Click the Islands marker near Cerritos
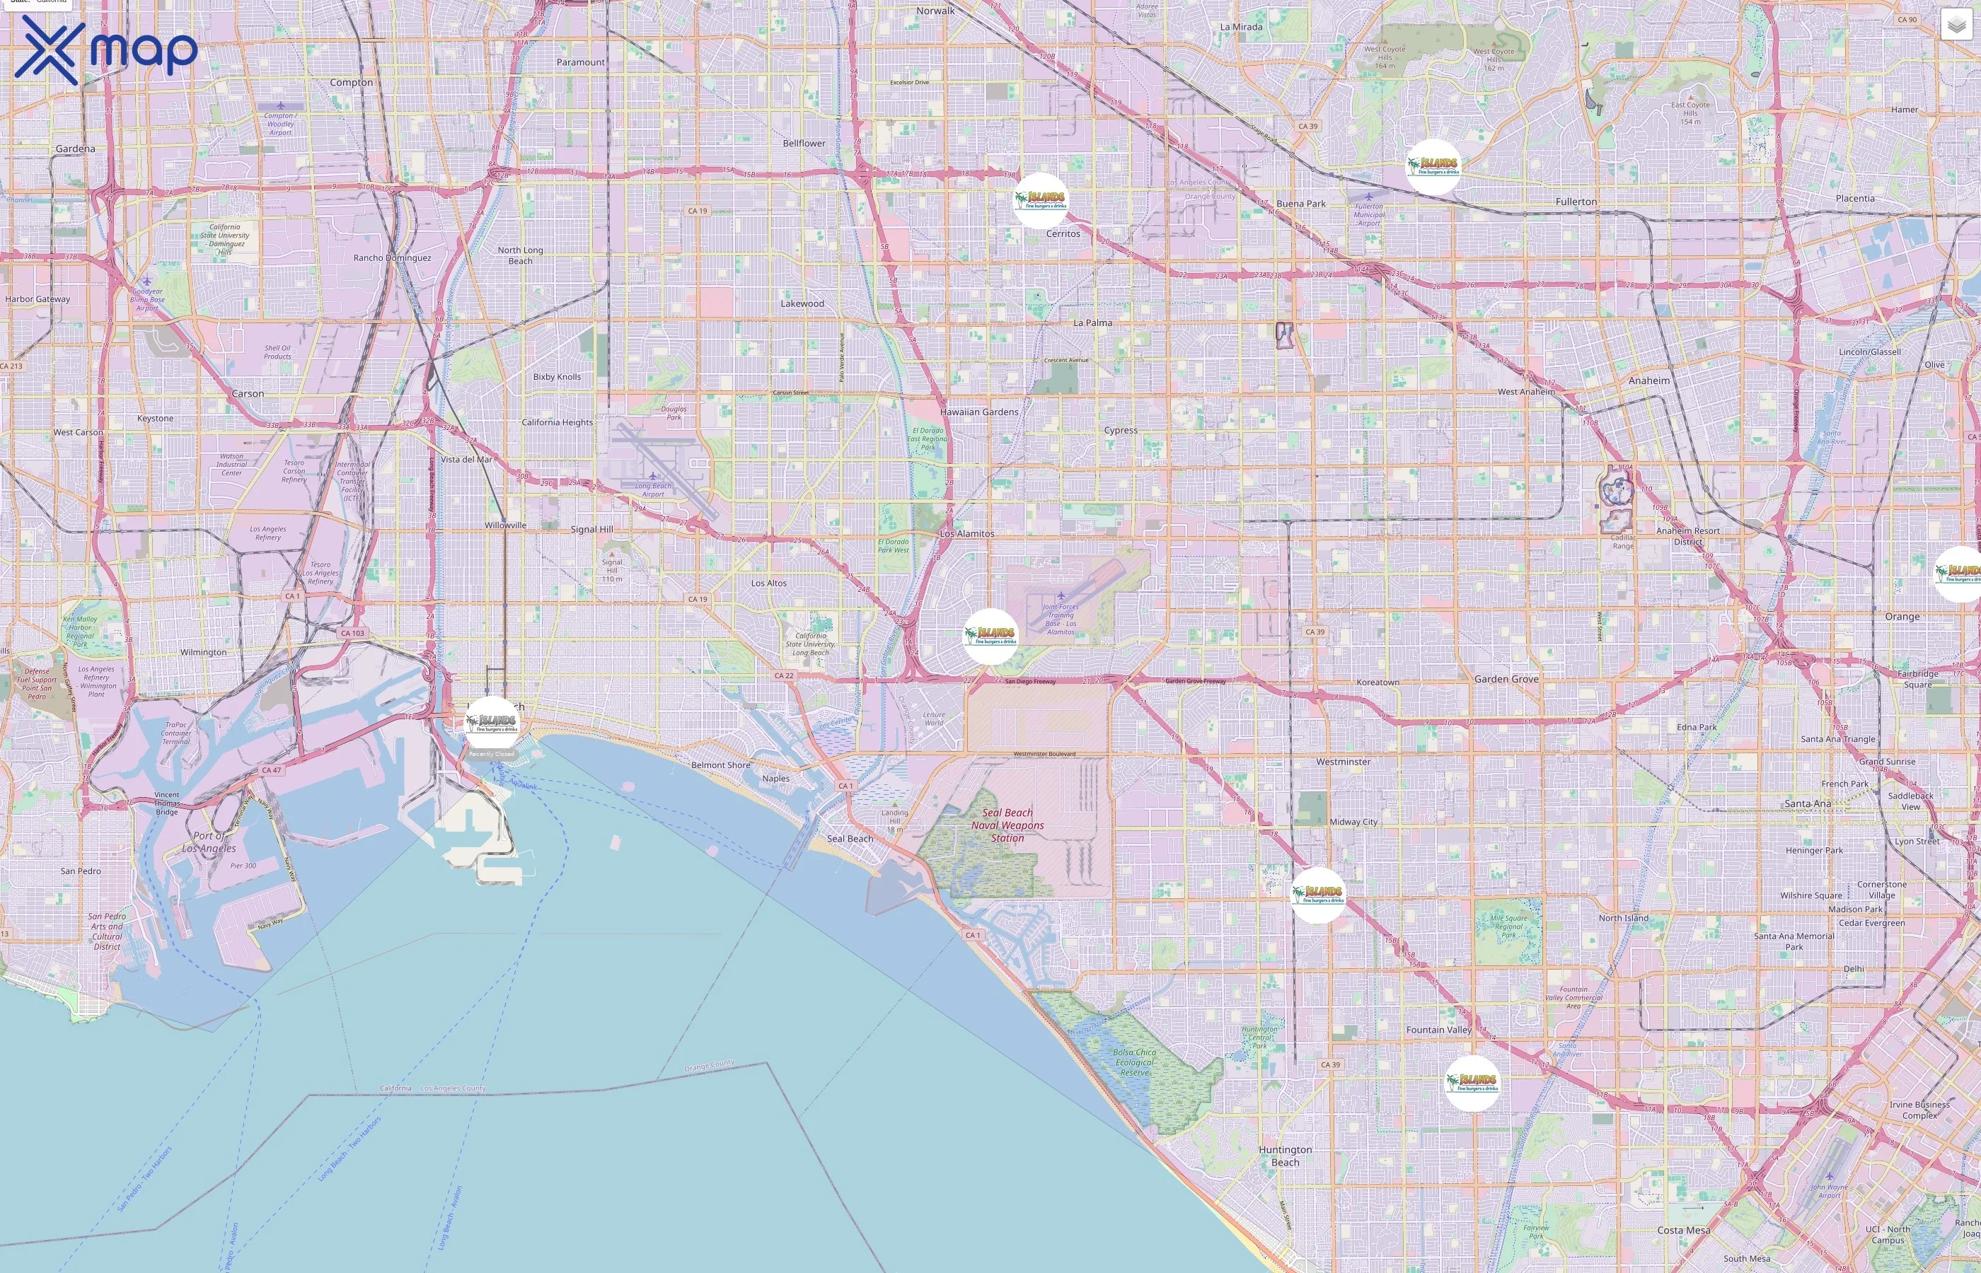pos(1041,200)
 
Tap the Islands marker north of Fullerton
pos(1433,167)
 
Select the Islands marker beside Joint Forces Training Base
pos(990,636)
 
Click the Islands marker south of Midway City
pos(1319,895)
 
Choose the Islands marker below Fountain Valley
pos(1472,1083)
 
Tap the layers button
pos(1956,25)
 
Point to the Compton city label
pos(352,83)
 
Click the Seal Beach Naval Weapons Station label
pos(1007,825)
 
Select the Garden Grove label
pos(1506,679)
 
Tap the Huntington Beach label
pos(1285,1156)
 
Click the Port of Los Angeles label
pos(209,842)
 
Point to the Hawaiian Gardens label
pos(979,412)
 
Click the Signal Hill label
pos(592,529)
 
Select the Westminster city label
pos(1343,761)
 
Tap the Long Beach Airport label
pos(653,490)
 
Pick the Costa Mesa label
pos(1683,1230)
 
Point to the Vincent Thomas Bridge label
pos(166,803)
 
